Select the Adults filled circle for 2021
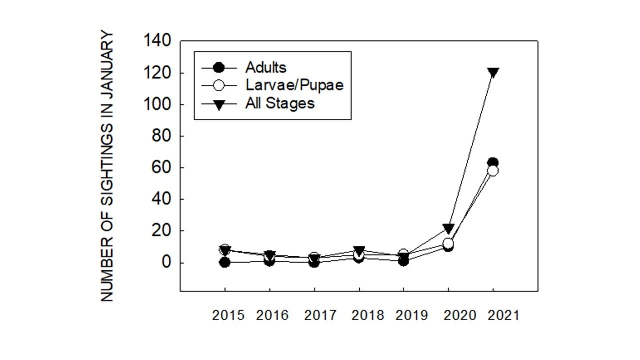[x=493, y=163]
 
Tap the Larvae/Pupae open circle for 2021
[x=493, y=171]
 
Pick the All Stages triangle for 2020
[x=448, y=228]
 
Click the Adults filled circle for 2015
[x=225, y=262]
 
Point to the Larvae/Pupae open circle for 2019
[x=404, y=255]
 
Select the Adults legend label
[x=265, y=67]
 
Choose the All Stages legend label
[x=280, y=103]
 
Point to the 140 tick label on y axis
[x=157, y=41]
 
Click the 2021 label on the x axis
[x=502, y=316]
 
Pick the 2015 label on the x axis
[x=228, y=316]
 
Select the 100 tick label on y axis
[x=157, y=105]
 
